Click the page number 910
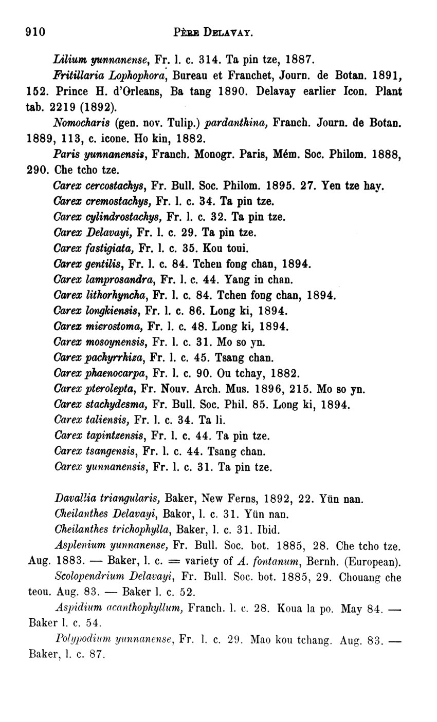36,32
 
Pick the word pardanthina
237,123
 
